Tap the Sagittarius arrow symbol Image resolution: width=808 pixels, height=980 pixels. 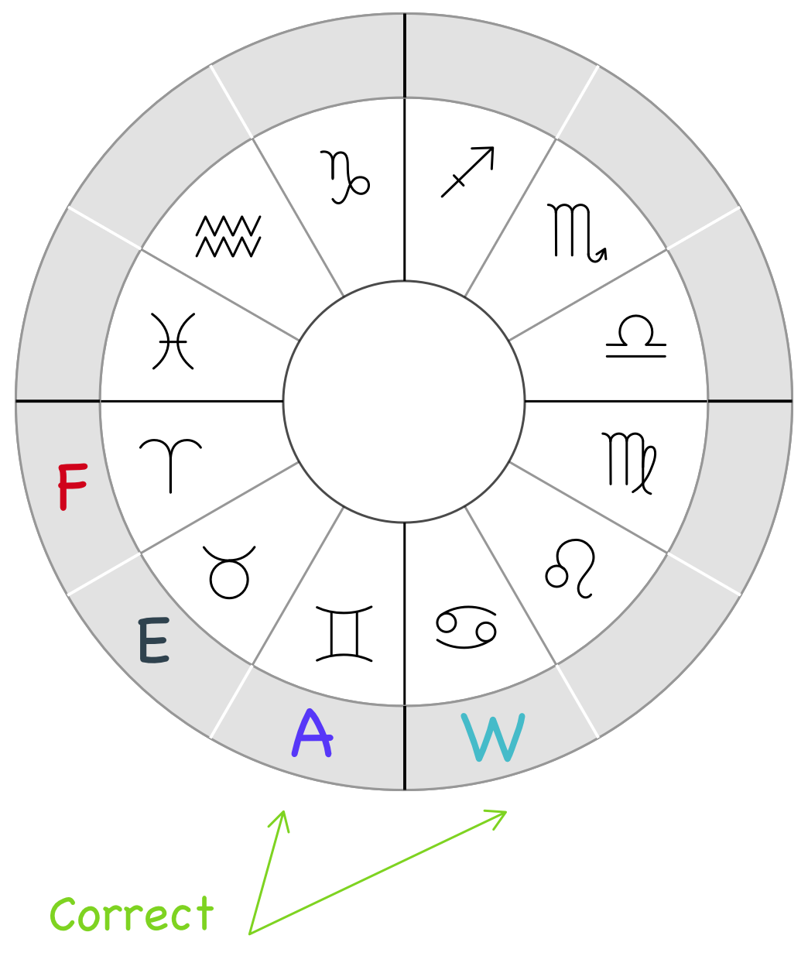click(x=467, y=172)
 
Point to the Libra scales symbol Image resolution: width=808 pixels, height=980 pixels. click(x=635, y=337)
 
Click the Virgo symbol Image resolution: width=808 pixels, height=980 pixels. click(x=629, y=463)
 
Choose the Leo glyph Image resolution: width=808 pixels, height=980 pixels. click(x=572, y=568)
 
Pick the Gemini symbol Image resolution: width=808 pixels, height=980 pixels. click(x=344, y=634)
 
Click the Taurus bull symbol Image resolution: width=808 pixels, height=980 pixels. click(x=229, y=572)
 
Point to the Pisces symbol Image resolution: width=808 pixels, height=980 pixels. click(x=172, y=341)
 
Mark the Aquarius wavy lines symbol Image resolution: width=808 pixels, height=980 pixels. click(x=228, y=236)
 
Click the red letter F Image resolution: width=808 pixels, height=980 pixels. click(x=73, y=487)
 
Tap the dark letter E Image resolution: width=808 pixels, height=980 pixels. click(x=153, y=640)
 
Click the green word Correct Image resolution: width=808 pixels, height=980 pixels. click(x=132, y=914)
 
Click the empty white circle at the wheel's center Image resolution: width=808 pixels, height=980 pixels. click(x=404, y=402)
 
